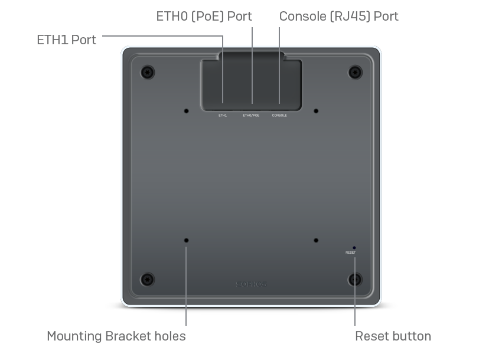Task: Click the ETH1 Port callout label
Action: tap(66, 40)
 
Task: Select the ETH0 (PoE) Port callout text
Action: tap(204, 17)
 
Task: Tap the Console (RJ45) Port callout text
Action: tap(339, 17)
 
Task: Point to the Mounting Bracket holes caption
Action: tap(116, 336)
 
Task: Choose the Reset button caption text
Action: tap(393, 336)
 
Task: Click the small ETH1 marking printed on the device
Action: tap(223, 115)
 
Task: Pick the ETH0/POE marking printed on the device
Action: tap(251, 115)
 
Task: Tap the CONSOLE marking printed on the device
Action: tap(279, 115)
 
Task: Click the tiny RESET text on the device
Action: tap(351, 253)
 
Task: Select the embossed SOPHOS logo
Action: tap(252, 284)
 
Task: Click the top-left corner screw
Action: tap(148, 73)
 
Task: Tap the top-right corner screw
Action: tap(355, 73)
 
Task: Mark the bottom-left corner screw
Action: tap(148, 280)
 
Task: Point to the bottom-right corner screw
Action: tap(355, 280)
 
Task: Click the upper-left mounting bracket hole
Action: tap(186, 111)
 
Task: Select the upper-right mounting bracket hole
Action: tap(316, 111)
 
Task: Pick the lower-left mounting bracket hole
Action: tap(186, 240)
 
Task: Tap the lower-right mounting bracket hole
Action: tap(316, 240)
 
